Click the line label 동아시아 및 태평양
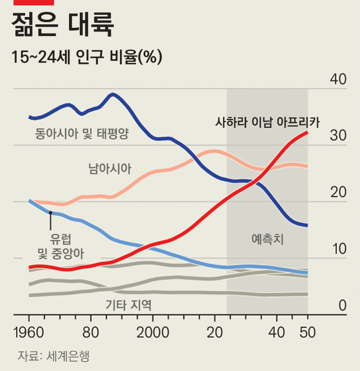[82, 135]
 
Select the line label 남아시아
[110, 168]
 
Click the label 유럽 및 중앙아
[61, 246]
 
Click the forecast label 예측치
[268, 239]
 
